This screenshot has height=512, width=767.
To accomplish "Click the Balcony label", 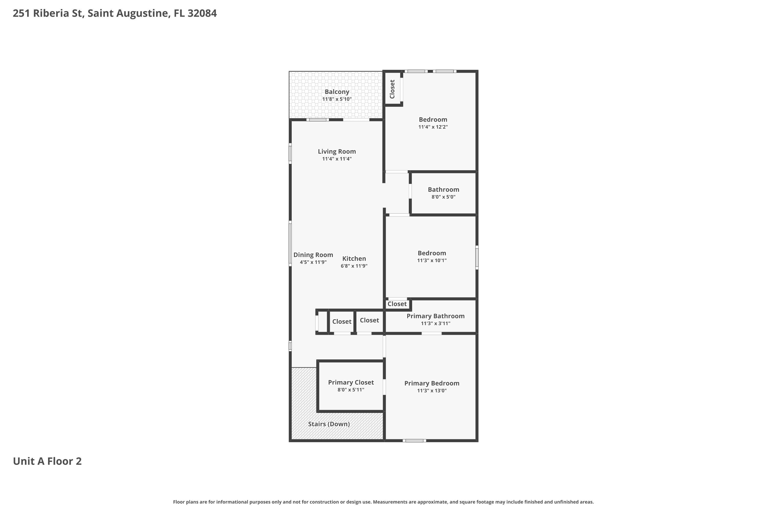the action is pos(337,92).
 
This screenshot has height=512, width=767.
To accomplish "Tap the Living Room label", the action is pos(337,152).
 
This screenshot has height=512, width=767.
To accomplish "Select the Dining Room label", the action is pos(313,255).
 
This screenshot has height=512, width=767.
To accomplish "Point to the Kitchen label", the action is pos(354,259).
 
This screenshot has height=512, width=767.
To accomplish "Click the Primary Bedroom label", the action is pos(432,383).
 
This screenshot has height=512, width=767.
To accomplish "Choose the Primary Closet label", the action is pos(351,382).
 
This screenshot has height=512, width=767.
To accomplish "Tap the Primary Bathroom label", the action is pos(435,316).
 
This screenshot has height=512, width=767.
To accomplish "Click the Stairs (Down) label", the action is pos(329,424).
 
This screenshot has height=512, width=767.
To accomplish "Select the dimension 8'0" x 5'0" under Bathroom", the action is pos(444,197).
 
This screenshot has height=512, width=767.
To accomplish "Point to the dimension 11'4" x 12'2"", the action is pos(433,127).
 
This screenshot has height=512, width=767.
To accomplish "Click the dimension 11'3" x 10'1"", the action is pos(432,261).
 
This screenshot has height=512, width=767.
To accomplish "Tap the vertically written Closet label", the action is pos(392,89).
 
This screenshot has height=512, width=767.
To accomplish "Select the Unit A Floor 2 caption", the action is pos(47,461).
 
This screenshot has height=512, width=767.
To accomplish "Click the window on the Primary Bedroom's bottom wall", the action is pos(414,441).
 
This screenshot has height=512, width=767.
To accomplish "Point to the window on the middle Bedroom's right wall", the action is pos(477,258).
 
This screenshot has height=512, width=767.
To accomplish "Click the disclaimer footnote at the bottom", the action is pos(383,502).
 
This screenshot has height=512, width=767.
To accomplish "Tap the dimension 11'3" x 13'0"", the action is pos(432,391).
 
